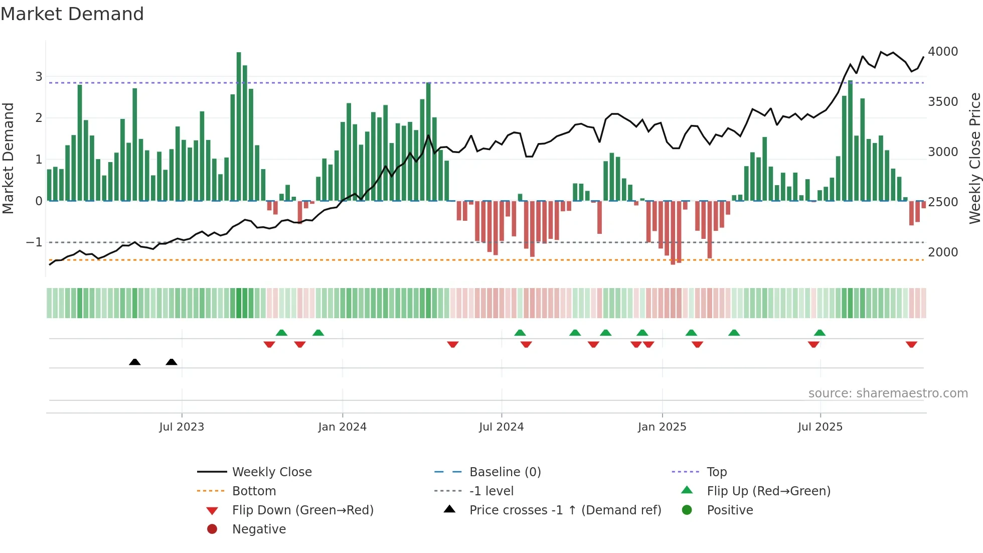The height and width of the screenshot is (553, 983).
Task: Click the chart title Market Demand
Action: pyautogui.click(x=72, y=14)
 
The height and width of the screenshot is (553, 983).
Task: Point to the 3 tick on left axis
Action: pyautogui.click(x=39, y=77)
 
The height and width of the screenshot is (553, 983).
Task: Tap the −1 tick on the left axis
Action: pyautogui.click(x=34, y=242)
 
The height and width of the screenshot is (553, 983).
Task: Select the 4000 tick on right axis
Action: pyautogui.click(x=942, y=52)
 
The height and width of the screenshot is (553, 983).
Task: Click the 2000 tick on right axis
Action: pyautogui.click(x=942, y=252)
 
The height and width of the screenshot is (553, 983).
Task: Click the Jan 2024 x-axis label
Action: pyautogui.click(x=342, y=427)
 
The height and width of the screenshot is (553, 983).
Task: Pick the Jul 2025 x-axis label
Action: pyautogui.click(x=820, y=427)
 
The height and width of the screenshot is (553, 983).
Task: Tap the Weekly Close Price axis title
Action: pyautogui.click(x=974, y=158)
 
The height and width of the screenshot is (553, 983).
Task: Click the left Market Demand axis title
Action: pyautogui.click(x=8, y=158)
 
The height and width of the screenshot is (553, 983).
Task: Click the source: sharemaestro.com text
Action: pyautogui.click(x=888, y=393)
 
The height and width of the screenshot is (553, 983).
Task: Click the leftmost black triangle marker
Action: pyautogui.click(x=134, y=362)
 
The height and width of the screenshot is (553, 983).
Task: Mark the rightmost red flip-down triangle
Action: pyautogui.click(x=911, y=344)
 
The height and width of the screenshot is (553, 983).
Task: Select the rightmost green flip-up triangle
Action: pyautogui.click(x=820, y=333)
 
